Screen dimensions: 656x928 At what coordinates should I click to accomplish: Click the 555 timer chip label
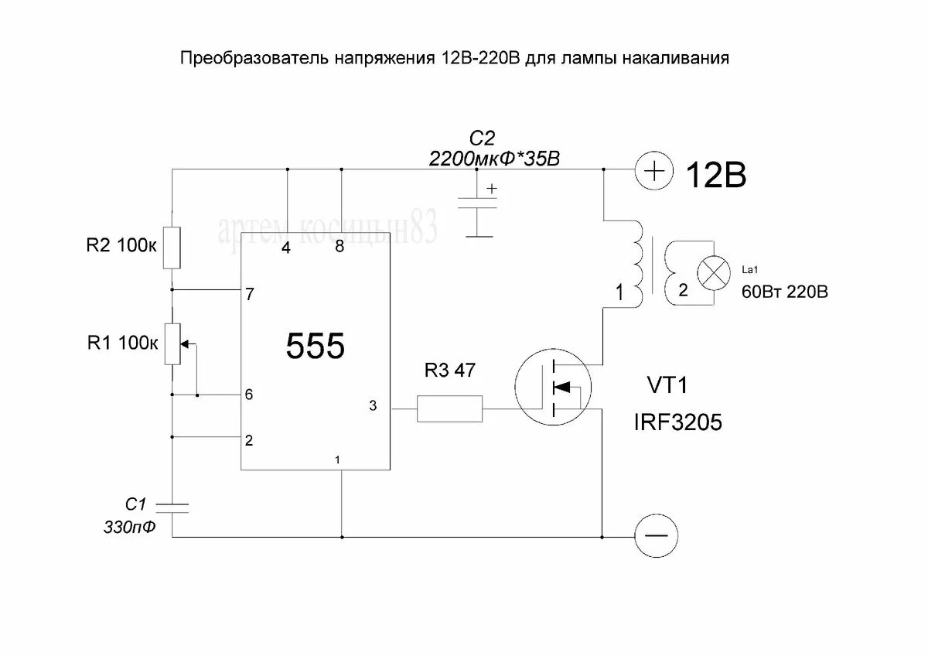(316, 347)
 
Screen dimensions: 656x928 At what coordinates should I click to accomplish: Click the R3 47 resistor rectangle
(450, 408)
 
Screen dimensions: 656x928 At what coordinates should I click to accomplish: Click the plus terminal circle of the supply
(654, 169)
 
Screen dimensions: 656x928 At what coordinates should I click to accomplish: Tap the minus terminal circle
(656, 536)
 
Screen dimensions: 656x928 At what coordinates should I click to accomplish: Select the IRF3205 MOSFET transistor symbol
(554, 387)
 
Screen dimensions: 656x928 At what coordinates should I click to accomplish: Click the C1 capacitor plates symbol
(172, 507)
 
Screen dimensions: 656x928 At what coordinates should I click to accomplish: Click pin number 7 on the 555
(248, 294)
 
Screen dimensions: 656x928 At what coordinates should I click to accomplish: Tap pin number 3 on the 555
(373, 406)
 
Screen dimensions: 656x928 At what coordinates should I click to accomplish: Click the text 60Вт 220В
(780, 292)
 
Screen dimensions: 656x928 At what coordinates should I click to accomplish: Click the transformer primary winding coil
(636, 263)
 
